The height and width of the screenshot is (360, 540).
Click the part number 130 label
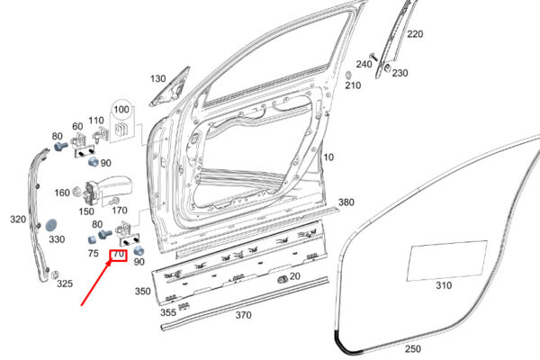(158, 79)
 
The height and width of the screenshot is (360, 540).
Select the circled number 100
(121, 110)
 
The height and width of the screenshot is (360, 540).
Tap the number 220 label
(415, 34)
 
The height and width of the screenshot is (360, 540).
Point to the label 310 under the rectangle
(444, 285)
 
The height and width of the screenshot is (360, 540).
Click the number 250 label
(413, 349)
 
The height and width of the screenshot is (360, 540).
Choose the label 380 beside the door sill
(346, 202)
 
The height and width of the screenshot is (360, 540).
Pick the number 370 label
(243, 315)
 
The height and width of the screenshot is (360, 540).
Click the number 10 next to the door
(328, 157)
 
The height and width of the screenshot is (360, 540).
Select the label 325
(65, 283)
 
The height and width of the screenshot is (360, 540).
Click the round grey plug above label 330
(51, 225)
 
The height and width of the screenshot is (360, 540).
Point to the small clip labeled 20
(283, 279)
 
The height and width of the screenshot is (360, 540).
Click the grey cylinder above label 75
(93, 239)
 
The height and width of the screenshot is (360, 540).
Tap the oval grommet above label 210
(348, 75)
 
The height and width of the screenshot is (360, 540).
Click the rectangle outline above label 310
(447, 261)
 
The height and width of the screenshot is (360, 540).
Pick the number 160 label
(62, 193)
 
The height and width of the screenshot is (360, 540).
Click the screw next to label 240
(373, 58)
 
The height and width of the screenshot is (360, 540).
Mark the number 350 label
(142, 291)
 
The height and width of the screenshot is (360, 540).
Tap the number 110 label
(96, 121)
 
